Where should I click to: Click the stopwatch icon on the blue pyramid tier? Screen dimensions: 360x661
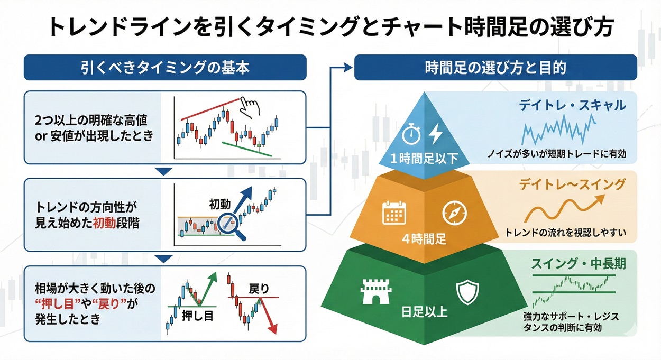point(411,134)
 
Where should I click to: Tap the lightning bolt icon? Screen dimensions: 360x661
point(436,134)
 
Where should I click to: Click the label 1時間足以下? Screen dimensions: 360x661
point(423,158)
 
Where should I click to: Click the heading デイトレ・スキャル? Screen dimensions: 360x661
point(573,105)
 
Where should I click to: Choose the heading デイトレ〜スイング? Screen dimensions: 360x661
point(572,184)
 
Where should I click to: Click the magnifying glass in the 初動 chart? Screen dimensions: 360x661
point(232,226)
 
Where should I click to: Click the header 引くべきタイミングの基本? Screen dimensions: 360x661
point(165,68)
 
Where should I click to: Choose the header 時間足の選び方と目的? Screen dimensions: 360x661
point(495,68)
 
